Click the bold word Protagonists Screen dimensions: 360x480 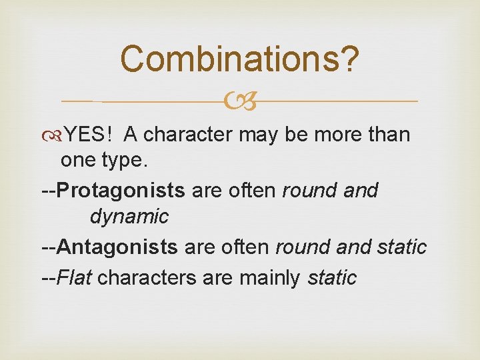121,191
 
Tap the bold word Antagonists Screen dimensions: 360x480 117,247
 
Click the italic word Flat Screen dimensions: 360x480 75,277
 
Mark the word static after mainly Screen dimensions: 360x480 332,277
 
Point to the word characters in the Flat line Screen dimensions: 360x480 147,277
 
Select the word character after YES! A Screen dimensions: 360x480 188,135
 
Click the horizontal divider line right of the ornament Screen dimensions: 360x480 340,101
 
